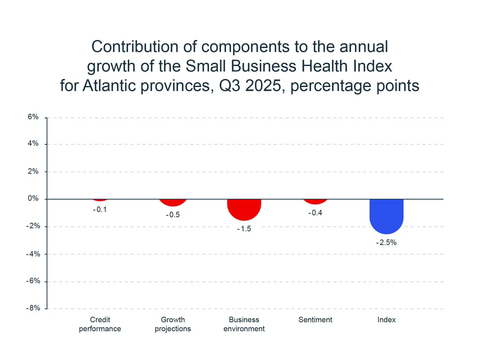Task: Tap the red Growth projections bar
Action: pyautogui.click(x=173, y=202)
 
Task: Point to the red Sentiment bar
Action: pyautogui.click(x=315, y=201)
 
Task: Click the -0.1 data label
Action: pyautogui.click(x=100, y=209)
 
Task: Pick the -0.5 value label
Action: pyautogui.click(x=173, y=215)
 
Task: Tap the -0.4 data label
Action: pyautogui.click(x=315, y=213)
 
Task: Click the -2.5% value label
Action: pyautogui.click(x=386, y=242)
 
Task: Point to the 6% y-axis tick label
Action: pyautogui.click(x=33, y=117)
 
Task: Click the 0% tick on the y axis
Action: pyautogui.click(x=33, y=199)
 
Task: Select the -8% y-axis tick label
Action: pyautogui.click(x=32, y=308)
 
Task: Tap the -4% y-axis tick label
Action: pyautogui.click(x=32, y=254)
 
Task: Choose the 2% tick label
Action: pyautogui.click(x=33, y=171)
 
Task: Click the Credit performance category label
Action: pyautogui.click(x=100, y=324)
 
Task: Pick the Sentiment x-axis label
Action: pyautogui.click(x=315, y=320)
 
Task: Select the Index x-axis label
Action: pyautogui.click(x=386, y=320)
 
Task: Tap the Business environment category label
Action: pyautogui.click(x=244, y=324)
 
